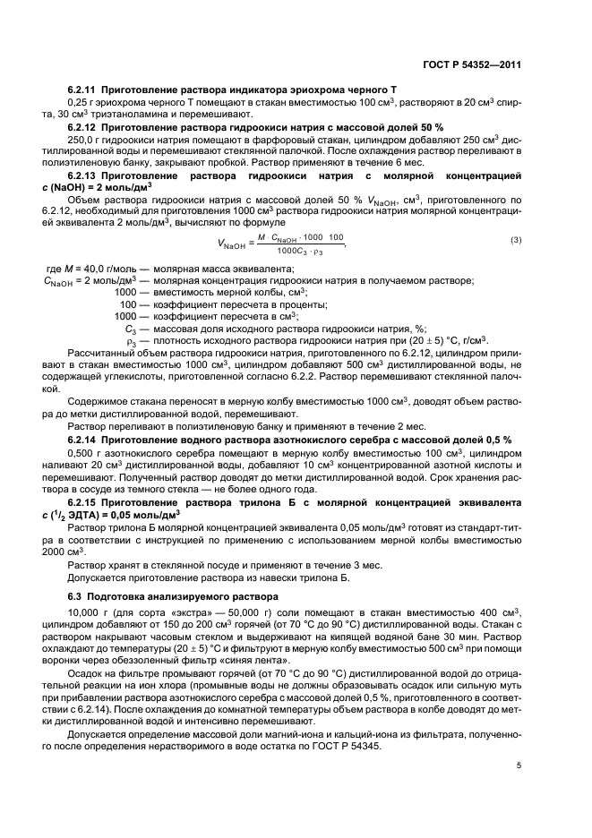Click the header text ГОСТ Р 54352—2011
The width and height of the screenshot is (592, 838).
[x=474, y=64]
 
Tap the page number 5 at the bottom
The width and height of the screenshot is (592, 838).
[x=519, y=766]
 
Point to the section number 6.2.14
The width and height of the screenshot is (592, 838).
[x=82, y=441]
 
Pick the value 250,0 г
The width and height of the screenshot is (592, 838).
[x=87, y=140]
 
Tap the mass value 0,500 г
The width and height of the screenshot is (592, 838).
[x=85, y=454]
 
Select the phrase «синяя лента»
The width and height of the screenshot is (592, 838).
[x=259, y=659]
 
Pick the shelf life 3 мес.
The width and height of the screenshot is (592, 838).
[x=364, y=566]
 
